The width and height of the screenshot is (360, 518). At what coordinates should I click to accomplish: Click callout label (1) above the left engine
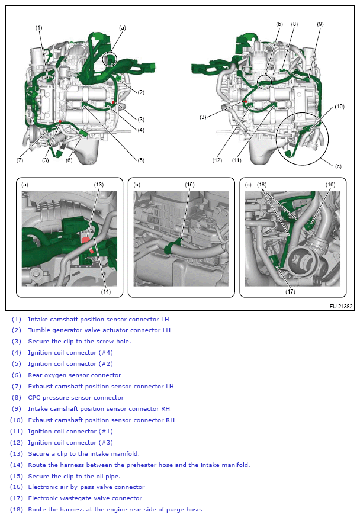click(x=39, y=28)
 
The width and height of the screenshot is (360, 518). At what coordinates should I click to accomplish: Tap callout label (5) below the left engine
click(x=141, y=160)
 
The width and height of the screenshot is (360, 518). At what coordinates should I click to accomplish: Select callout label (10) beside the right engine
click(x=339, y=107)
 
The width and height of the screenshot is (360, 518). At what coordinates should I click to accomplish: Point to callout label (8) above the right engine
click(x=294, y=24)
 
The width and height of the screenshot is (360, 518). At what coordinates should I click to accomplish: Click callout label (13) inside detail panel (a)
click(x=98, y=184)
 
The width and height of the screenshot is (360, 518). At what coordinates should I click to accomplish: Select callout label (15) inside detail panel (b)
click(x=189, y=184)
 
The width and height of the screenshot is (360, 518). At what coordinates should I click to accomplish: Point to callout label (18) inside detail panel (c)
click(x=262, y=184)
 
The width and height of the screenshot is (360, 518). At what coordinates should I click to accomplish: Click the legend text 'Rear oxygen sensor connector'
click(x=74, y=375)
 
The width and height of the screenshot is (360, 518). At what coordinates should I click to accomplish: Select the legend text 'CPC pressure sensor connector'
click(x=76, y=397)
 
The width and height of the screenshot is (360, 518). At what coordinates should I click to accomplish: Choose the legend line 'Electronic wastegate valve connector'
click(x=85, y=498)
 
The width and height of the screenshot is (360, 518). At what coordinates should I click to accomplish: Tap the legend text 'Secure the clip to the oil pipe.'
click(x=78, y=476)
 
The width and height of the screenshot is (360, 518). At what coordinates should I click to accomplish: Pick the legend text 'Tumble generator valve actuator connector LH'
click(x=99, y=330)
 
